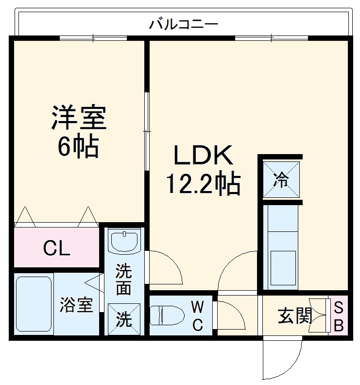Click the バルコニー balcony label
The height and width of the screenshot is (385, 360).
coord(184,23)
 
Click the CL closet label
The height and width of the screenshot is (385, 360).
coord(56,248)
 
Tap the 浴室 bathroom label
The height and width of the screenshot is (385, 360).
coord(76,306)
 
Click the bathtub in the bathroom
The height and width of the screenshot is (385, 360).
coord(34,305)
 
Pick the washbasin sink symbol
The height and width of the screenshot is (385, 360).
coord(124,241)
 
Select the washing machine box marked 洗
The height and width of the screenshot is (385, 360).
coord(124,319)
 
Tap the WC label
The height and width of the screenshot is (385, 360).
coord(197,316)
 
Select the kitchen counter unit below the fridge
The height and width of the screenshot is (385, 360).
coord(281,246)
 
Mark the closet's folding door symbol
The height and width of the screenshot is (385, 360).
coord(55,217)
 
